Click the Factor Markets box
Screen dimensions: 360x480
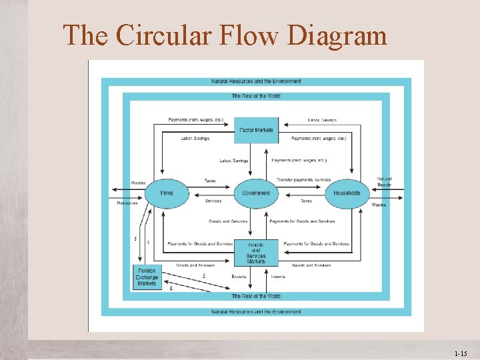256,130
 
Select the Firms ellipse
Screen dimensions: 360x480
167,193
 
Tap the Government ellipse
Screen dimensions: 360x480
256,193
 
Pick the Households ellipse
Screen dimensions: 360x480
347,193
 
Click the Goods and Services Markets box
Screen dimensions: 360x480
256,253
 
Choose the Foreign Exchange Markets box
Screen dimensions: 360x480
147,277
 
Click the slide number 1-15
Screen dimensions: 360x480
460,354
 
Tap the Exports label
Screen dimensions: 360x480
239,276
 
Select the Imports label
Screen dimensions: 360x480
278,276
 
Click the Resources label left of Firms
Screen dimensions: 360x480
127,203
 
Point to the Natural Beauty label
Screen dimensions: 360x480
385,181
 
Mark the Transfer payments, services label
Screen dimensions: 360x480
303,181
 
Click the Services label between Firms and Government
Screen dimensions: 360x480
213,201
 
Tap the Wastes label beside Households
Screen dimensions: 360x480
379,205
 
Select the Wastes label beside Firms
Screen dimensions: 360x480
138,183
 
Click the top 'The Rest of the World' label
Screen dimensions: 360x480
256,96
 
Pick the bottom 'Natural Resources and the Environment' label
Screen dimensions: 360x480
256,311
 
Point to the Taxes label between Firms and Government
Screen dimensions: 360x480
210,181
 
